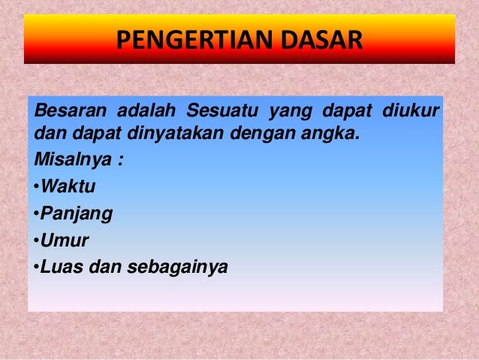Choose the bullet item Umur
coord(65,241)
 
